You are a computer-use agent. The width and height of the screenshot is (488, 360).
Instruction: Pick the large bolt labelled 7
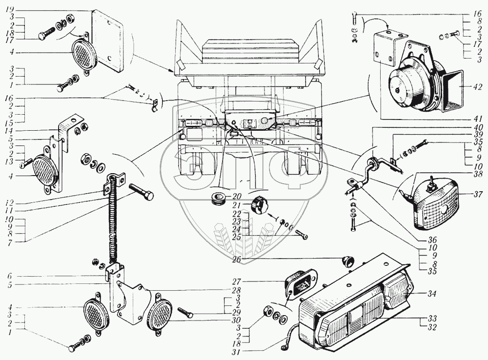142,195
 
